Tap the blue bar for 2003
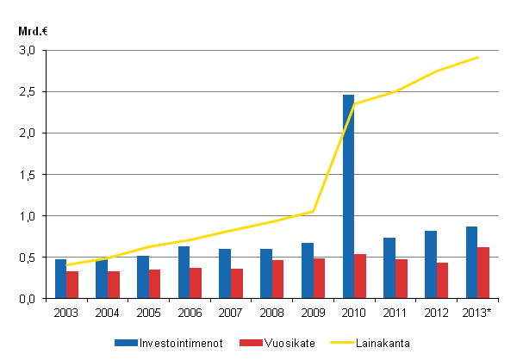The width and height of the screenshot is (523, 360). click(x=61, y=278)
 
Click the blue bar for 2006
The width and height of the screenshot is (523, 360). click(x=184, y=272)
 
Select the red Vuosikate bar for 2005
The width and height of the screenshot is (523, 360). click(x=154, y=283)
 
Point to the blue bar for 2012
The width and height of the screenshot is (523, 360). click(x=431, y=264)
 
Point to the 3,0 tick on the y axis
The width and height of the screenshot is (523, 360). click(x=28, y=51)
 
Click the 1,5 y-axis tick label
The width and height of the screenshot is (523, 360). click(x=28, y=175)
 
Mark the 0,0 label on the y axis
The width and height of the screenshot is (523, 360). click(x=28, y=299)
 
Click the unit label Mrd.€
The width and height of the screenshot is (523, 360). click(x=32, y=32)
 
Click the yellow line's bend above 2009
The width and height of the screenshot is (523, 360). click(x=314, y=211)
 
